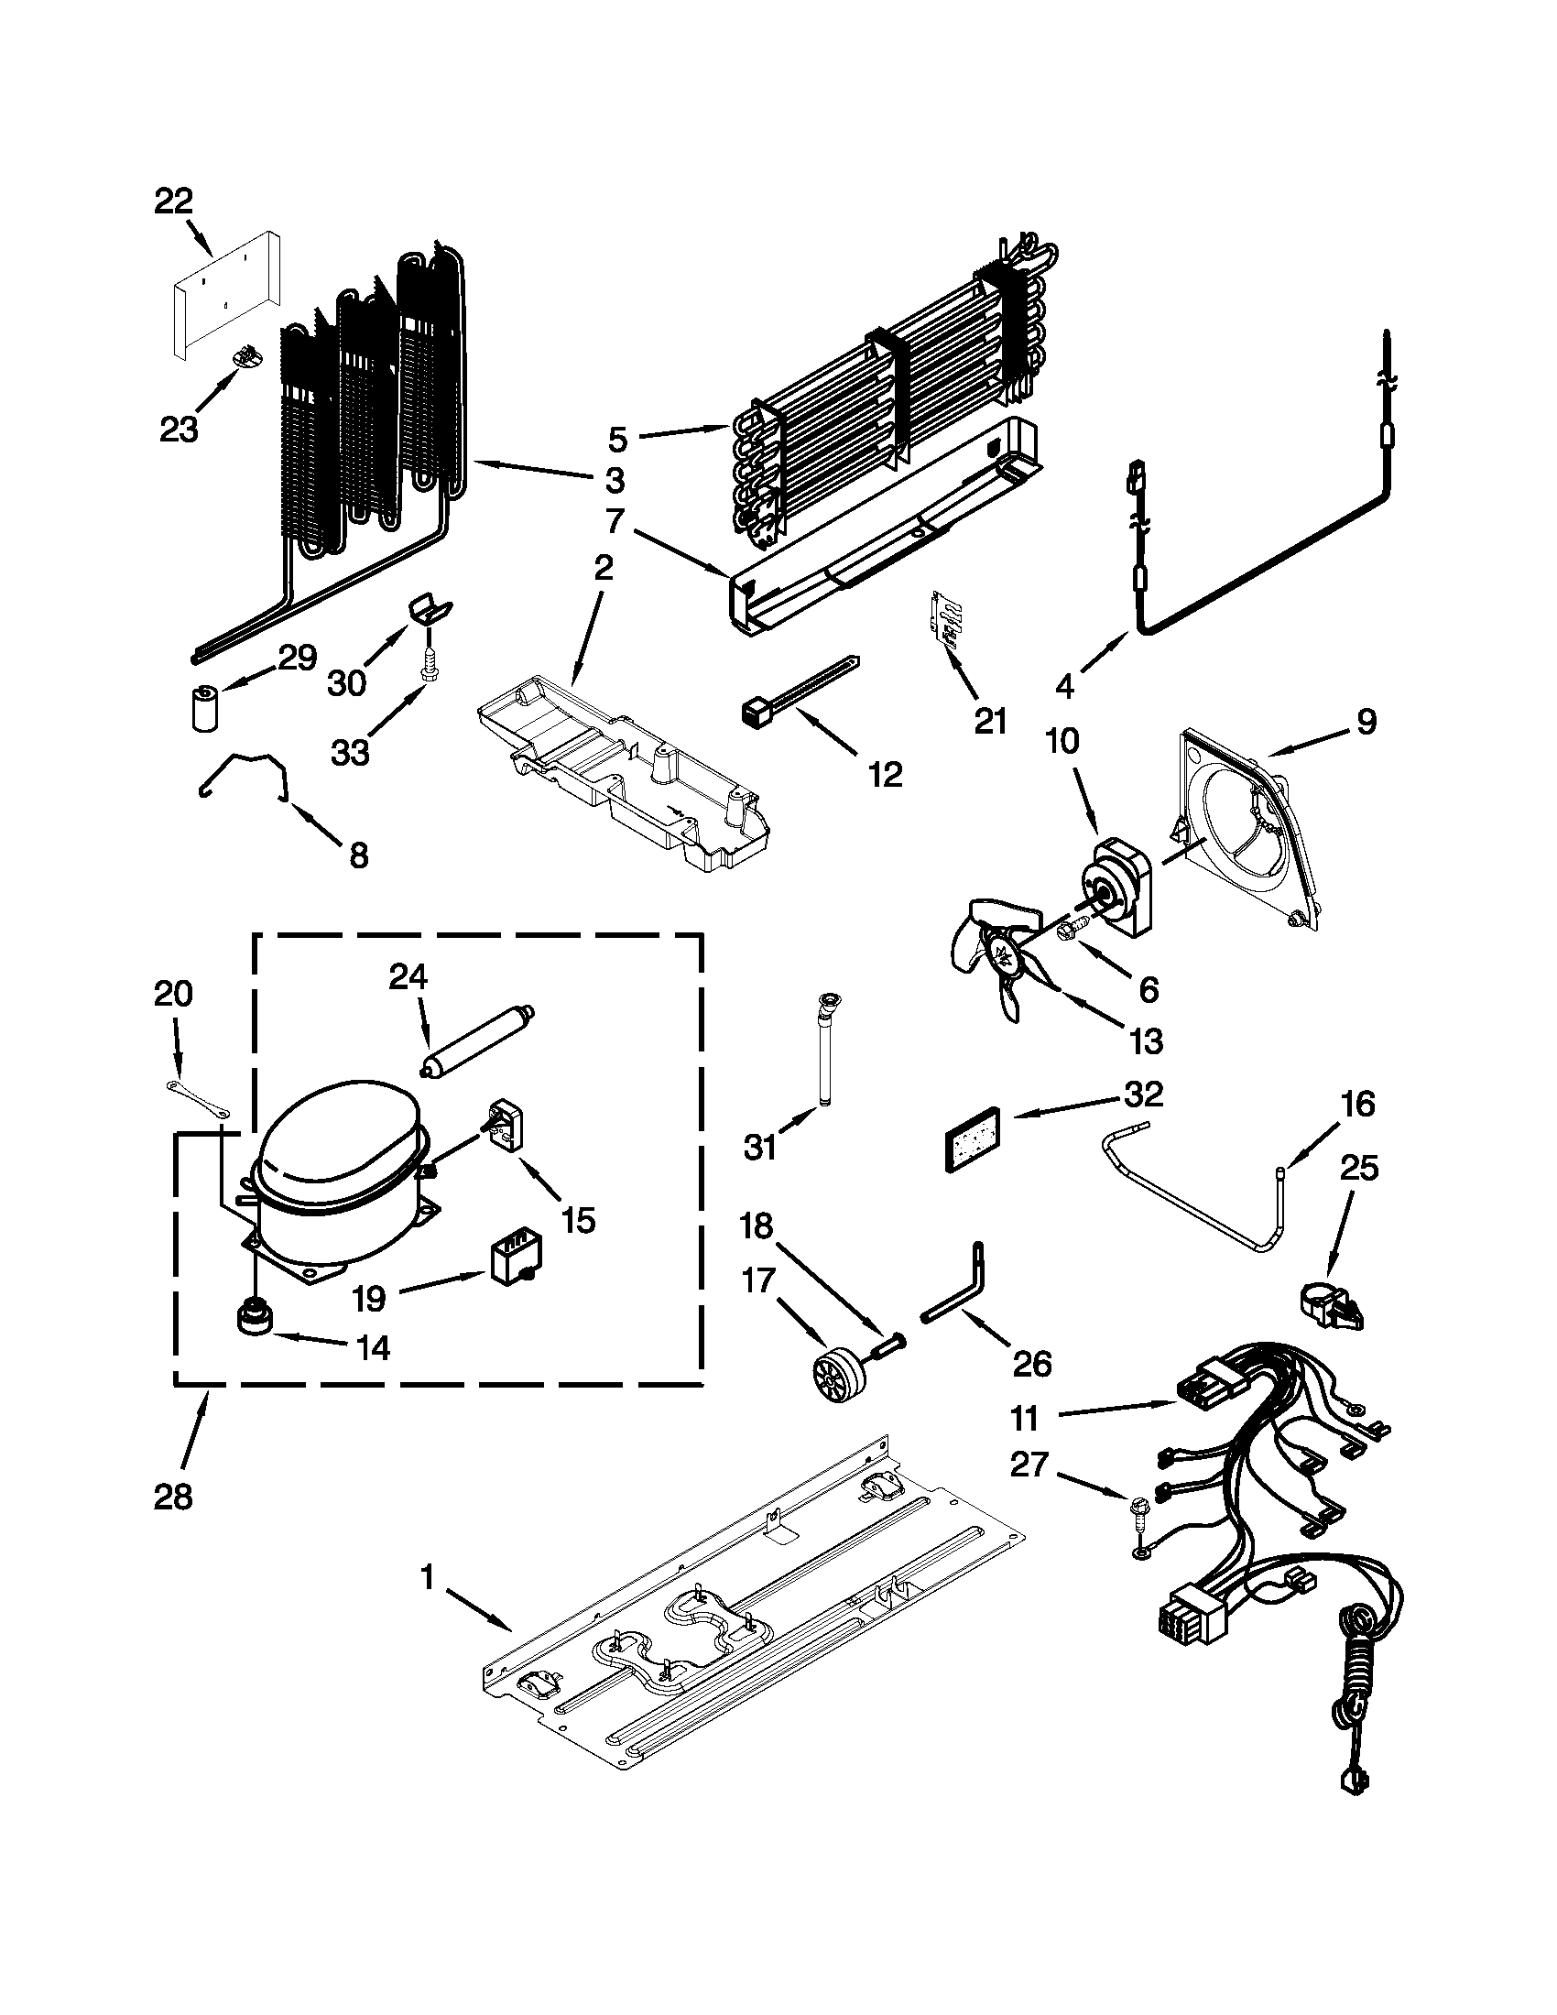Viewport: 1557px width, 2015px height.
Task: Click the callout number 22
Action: (173, 201)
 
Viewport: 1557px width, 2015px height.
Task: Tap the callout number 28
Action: (173, 1496)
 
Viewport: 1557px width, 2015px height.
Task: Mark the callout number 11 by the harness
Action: (1025, 1417)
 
